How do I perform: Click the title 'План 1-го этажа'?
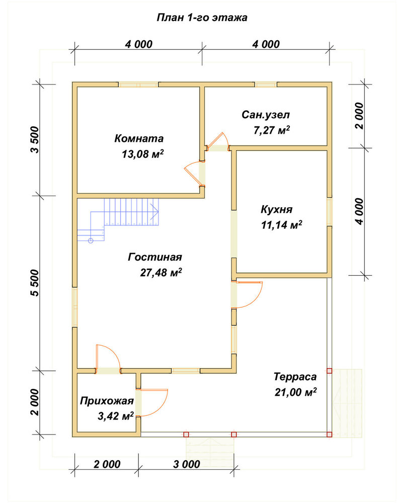pos(202,17)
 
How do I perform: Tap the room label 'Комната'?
pos(139,139)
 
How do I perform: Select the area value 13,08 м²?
pos(142,154)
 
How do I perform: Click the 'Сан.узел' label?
pos(266,115)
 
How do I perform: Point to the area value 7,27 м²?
pos(272,130)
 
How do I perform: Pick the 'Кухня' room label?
pos(276,209)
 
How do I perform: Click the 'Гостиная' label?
pos(155,257)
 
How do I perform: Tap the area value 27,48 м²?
pos(161,273)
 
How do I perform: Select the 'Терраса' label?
pos(295,377)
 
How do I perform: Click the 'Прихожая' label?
pos(107,401)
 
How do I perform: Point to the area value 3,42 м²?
pos(116,416)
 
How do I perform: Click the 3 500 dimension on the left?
pos(35,140)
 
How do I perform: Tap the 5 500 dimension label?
pos(35,283)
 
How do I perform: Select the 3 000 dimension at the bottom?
pos(187,464)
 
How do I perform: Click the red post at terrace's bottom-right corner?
pos(329,435)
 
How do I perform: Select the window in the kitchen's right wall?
pos(330,212)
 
